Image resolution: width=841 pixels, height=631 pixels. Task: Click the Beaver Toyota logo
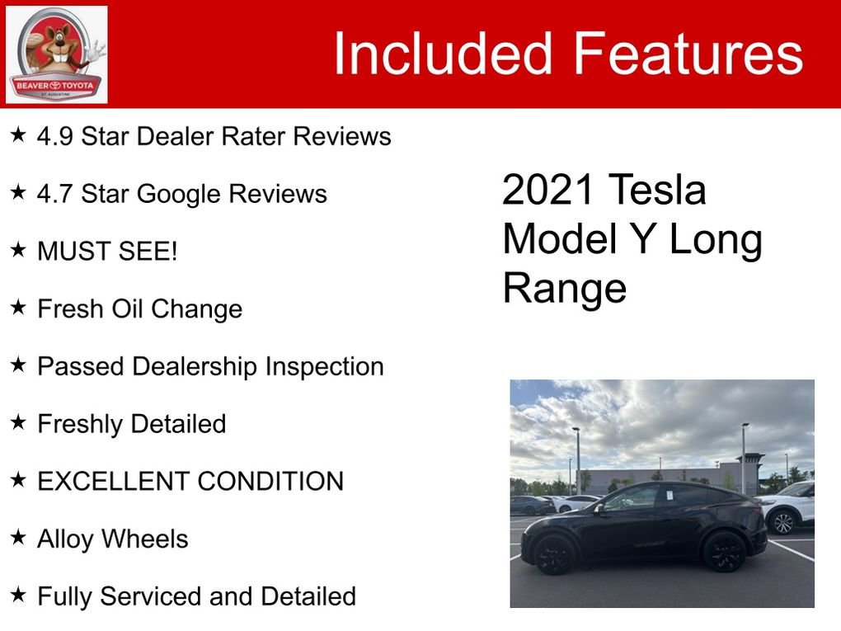(56, 54)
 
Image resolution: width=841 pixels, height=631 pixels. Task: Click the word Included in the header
(442, 54)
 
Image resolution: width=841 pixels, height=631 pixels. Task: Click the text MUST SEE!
(107, 252)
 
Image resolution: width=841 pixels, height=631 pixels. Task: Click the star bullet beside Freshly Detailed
(18, 423)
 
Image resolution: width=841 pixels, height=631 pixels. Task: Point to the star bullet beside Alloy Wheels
(18, 538)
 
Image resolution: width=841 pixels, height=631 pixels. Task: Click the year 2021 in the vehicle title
(548, 191)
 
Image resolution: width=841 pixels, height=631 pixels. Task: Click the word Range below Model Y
(565, 289)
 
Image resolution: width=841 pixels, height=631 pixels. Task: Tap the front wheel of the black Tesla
(553, 553)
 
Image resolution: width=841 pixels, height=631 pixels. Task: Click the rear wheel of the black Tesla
(724, 550)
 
